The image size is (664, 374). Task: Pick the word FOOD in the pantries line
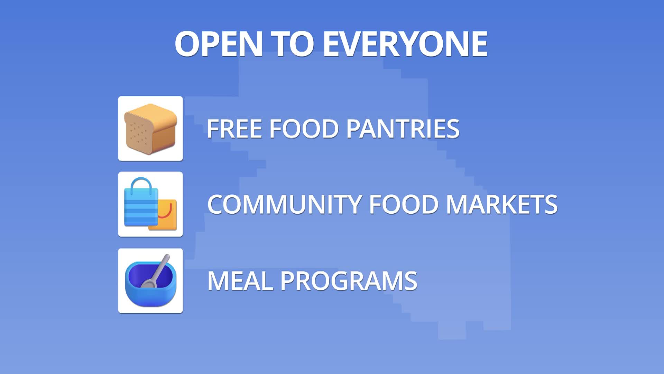tap(304, 128)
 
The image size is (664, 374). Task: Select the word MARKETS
tap(501, 204)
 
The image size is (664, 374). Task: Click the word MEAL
tap(240, 280)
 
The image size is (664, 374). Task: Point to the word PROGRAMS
tap(349, 280)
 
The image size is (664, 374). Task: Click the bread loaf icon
tap(150, 128)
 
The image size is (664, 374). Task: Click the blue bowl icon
tap(150, 287)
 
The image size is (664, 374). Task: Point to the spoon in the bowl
tap(157, 272)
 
